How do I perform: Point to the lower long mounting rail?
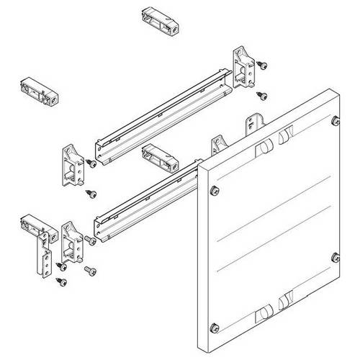[148, 202]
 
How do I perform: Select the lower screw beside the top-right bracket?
[262, 94]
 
